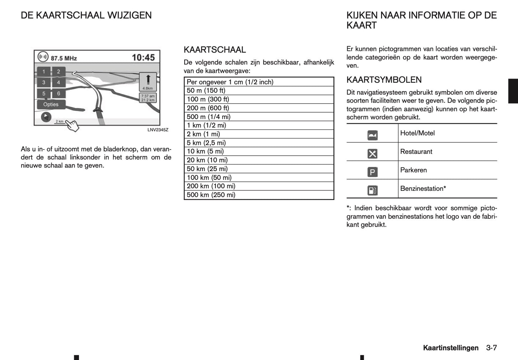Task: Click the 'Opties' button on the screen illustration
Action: pos(51,104)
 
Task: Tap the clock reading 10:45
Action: pos(143,57)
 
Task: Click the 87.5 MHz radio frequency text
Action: pos(64,58)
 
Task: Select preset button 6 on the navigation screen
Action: pos(58,94)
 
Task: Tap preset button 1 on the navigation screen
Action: pos(44,72)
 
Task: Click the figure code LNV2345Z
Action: pos(158,130)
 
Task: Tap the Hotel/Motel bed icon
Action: pos(372,135)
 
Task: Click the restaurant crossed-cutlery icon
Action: pos(372,153)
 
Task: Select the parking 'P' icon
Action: pos(372,172)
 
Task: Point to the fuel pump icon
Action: pos(372,190)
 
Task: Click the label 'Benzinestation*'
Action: pos(423,189)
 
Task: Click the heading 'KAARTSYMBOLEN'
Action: pos(384,80)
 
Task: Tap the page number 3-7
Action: pos(491,348)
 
